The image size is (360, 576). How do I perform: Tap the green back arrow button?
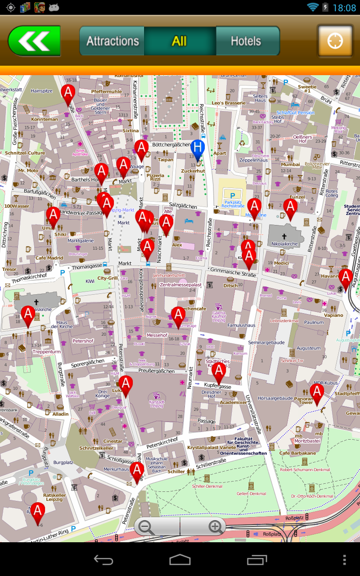[34, 41]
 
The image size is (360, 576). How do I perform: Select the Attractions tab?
[112, 41]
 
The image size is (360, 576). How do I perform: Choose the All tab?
[179, 41]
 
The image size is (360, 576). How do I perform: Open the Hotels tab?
[246, 41]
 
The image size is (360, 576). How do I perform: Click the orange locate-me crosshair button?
[335, 41]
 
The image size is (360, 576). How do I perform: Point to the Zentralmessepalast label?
[180, 285]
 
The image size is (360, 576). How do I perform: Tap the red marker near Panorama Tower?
[317, 393]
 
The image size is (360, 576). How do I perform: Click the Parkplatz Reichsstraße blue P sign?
[233, 196]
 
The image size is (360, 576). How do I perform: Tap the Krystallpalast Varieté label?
[211, 448]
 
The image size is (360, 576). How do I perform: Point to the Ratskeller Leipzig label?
[55, 497]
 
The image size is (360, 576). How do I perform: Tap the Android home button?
[180, 559]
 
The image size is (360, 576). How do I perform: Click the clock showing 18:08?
[344, 7]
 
